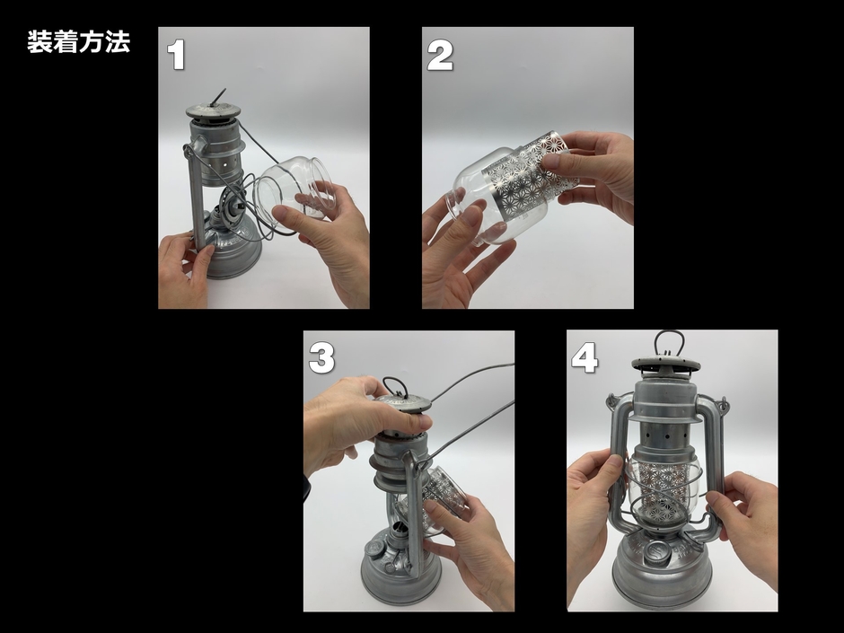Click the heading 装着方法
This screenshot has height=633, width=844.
point(79,42)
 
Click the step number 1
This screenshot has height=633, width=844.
point(176,56)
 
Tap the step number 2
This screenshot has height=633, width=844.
point(440,56)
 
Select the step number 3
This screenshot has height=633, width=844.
point(321,358)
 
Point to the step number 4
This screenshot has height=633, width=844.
point(585,358)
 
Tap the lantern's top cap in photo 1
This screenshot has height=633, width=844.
point(213,111)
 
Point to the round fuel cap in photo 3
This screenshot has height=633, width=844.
point(374,549)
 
